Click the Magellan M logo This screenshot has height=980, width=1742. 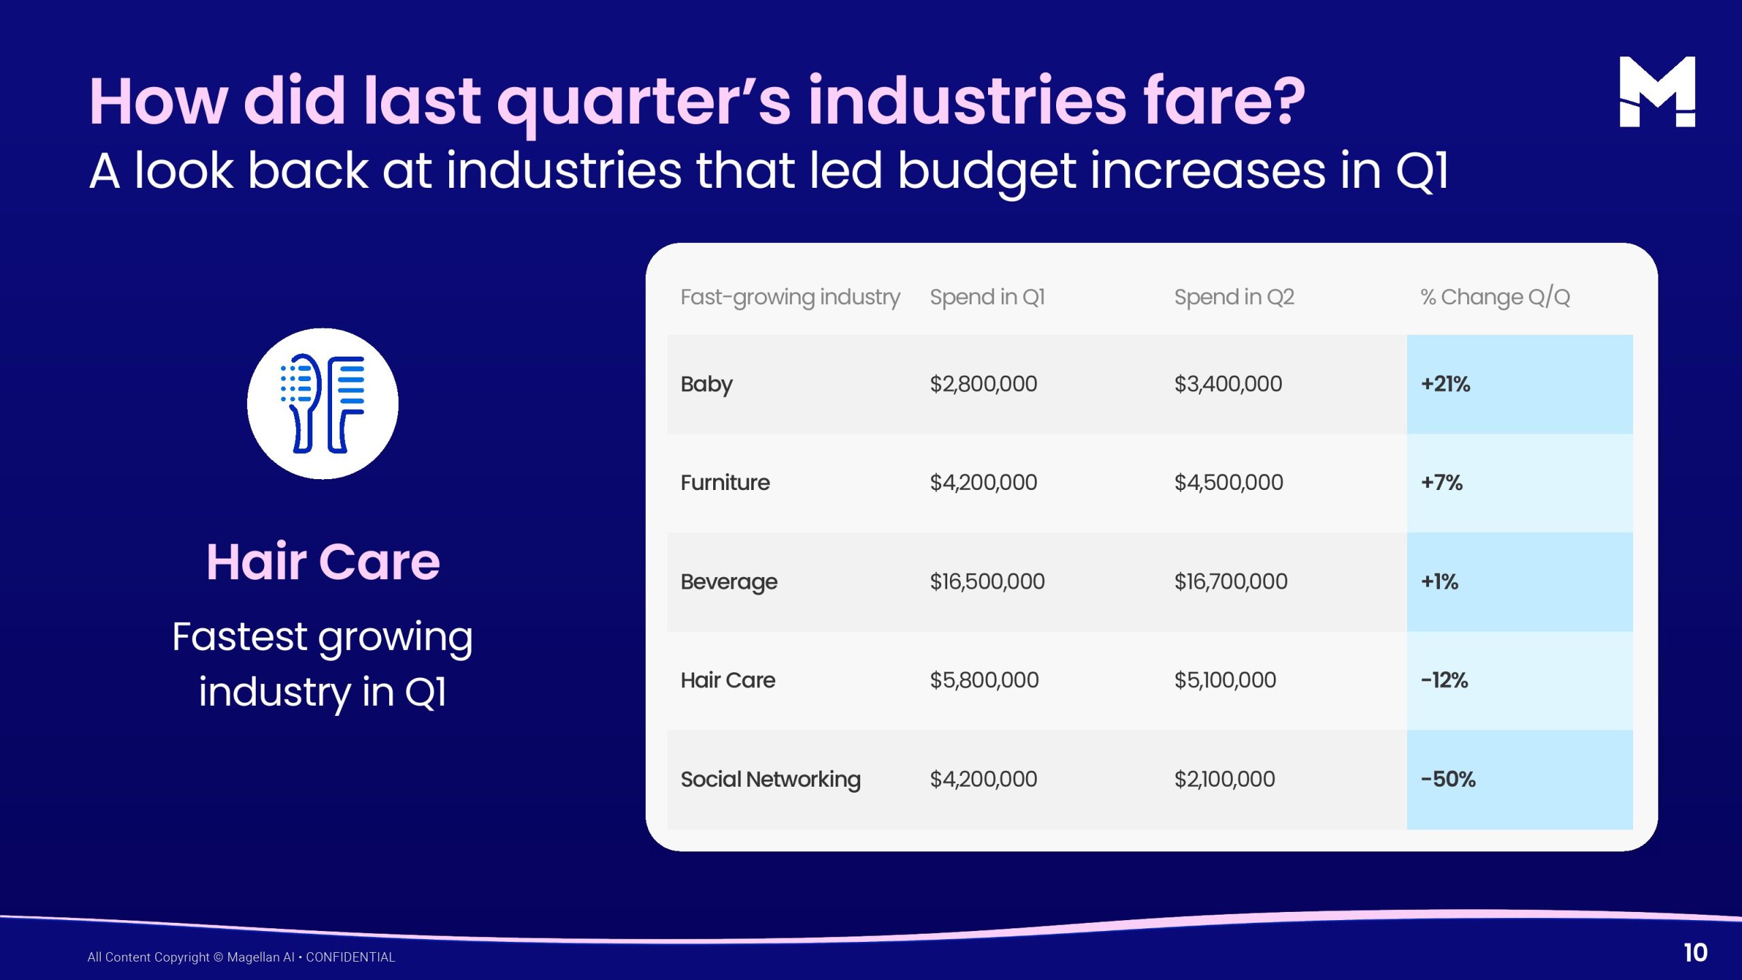(1657, 91)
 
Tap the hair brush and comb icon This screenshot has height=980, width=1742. (323, 404)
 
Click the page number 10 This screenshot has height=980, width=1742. (1695, 953)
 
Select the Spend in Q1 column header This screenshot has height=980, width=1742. (987, 297)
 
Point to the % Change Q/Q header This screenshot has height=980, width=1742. (1495, 297)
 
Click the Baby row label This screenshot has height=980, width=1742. (706, 385)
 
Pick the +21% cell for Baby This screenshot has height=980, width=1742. (1445, 384)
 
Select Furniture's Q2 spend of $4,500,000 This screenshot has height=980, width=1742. (1228, 483)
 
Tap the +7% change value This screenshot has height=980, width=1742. (1441, 483)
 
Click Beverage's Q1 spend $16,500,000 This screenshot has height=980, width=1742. (987, 581)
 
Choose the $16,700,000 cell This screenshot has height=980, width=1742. (1230, 581)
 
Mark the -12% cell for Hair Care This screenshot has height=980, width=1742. (1444, 680)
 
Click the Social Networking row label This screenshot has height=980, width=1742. (770, 779)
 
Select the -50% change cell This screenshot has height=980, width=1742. (1448, 779)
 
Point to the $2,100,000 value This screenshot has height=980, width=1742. (1224, 779)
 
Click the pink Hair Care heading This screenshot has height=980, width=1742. (323, 561)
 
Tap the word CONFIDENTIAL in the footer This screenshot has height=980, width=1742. (350, 957)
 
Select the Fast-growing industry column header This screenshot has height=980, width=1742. (790, 297)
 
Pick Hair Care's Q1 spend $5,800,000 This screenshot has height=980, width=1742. (984, 680)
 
